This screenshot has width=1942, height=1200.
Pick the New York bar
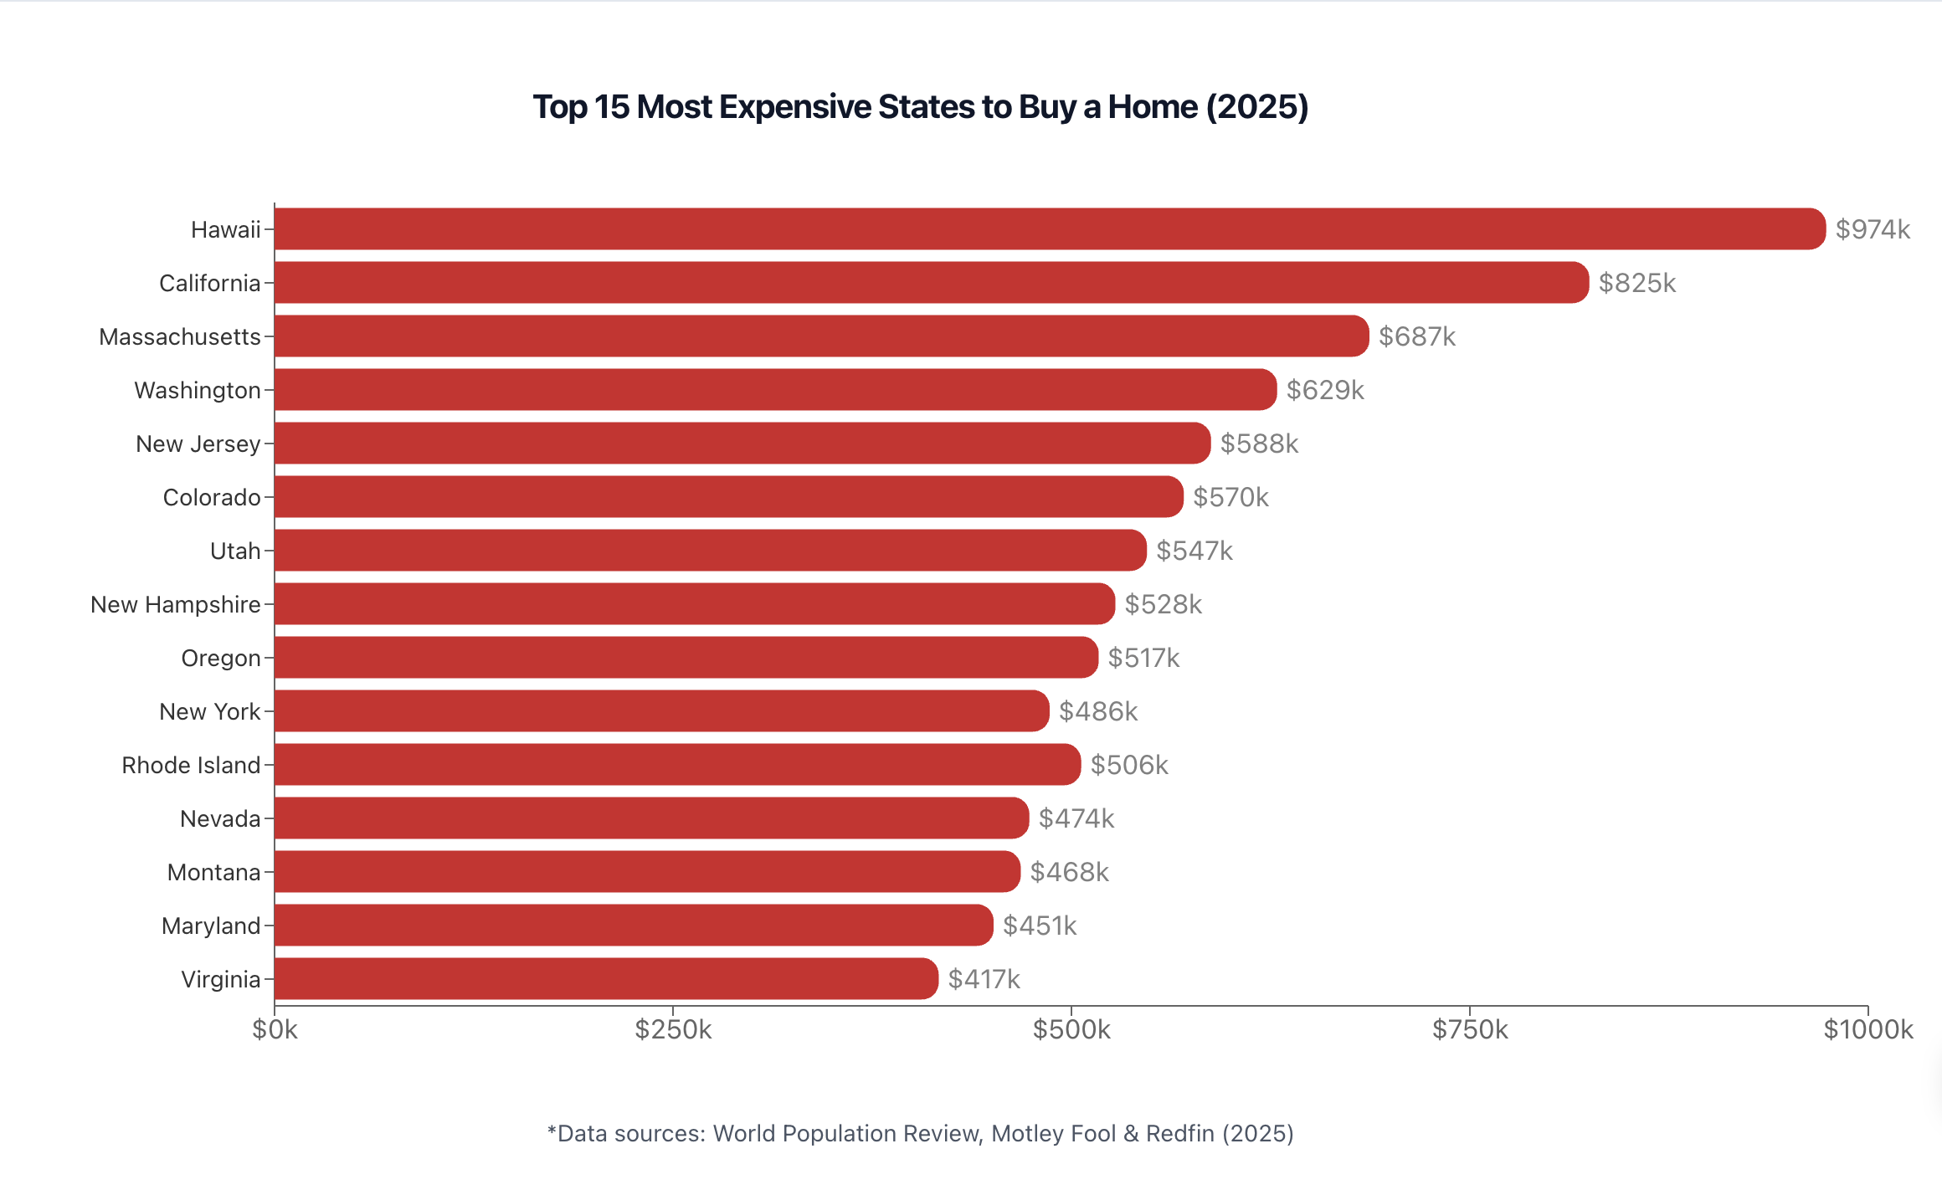661,710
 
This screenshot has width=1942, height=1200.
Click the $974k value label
1873,229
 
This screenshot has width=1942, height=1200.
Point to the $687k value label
1417,336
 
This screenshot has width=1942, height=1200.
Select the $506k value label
1129,765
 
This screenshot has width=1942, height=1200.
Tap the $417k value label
984,979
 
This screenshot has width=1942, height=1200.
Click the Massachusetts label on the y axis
180,336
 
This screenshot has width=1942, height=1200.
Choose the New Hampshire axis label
176,604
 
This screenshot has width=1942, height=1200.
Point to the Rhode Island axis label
191,765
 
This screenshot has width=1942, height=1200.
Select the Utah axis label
235,551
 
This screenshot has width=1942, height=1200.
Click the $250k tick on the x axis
673,1029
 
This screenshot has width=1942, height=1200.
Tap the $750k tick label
1470,1029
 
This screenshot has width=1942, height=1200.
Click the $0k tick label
275,1029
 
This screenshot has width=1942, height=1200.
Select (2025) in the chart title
1256,107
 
